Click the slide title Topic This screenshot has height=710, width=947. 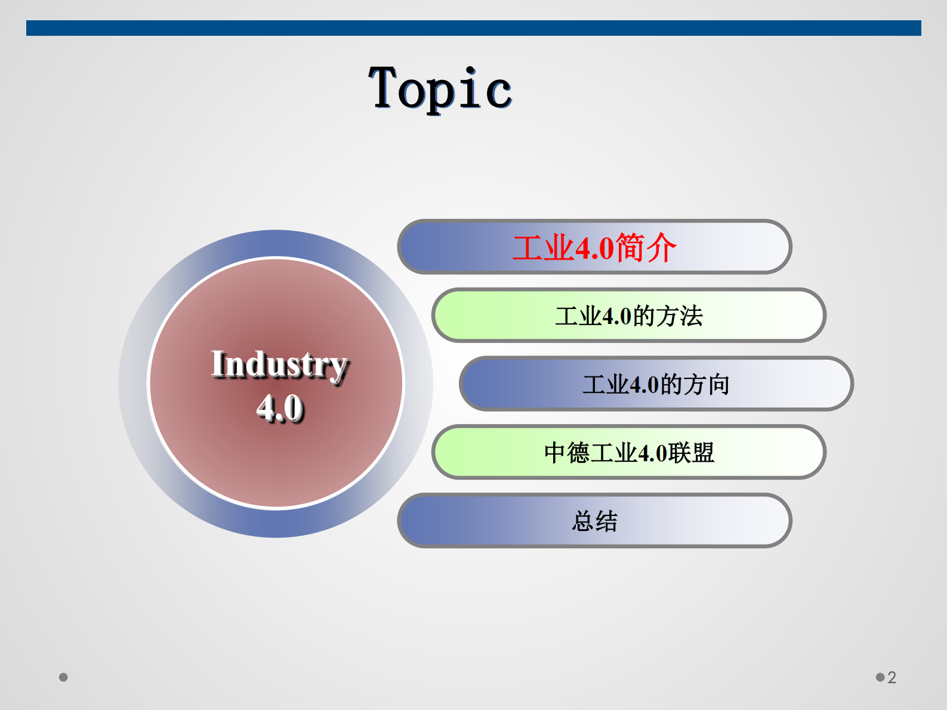point(440,88)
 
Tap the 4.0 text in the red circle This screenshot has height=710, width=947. point(280,408)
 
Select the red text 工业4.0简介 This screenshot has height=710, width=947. point(594,248)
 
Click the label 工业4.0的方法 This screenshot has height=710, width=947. point(629,316)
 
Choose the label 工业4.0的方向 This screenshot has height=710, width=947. point(656,385)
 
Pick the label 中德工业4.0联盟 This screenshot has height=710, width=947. point(629,453)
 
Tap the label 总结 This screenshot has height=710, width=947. point(594,521)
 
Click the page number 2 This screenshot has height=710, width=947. point(892,677)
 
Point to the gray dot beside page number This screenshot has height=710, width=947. point(880,677)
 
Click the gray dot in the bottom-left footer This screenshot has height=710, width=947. point(63,677)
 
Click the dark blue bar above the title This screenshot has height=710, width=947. point(473,28)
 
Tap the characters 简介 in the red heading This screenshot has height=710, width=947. point(646,248)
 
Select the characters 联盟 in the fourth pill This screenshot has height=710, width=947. point(691,453)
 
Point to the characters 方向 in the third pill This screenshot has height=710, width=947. point(707,385)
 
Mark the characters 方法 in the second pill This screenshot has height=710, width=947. point(680,316)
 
